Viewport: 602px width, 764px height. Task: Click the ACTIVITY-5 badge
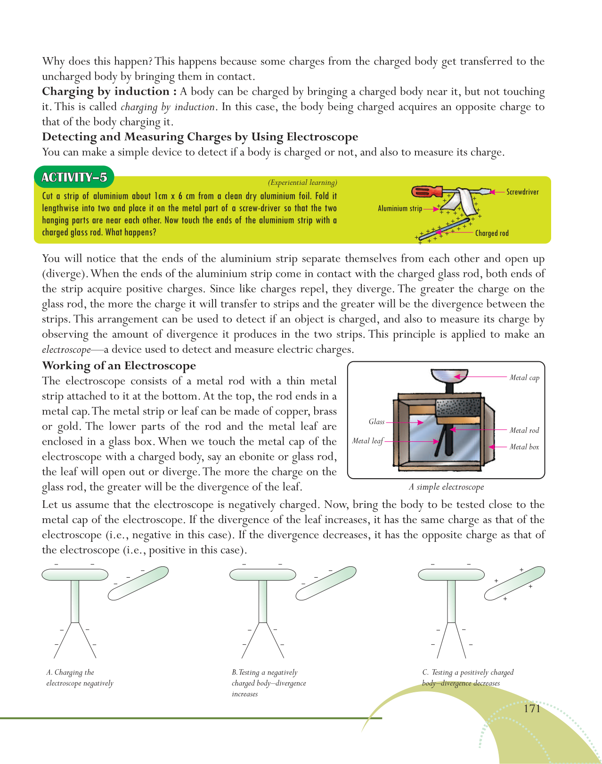click(74, 177)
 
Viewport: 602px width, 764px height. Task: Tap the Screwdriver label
click(522, 192)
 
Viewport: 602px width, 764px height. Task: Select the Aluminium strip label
click(399, 208)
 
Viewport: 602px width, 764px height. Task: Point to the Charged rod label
click(492, 233)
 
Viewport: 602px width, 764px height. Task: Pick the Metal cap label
click(524, 377)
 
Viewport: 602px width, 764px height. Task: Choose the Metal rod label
click(524, 430)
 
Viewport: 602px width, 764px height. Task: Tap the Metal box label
click(524, 447)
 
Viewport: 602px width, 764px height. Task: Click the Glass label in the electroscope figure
click(376, 422)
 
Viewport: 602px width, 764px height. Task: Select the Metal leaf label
click(367, 441)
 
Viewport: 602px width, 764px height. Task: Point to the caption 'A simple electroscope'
click(446, 487)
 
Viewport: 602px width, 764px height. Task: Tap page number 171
click(532, 708)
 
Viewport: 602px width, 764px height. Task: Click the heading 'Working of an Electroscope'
click(119, 366)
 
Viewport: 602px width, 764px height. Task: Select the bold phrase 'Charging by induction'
click(106, 91)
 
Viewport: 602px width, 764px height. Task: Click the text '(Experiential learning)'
click(302, 183)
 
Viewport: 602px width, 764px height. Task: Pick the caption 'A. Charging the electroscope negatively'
click(80, 678)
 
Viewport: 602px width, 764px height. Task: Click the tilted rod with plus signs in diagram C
click(514, 584)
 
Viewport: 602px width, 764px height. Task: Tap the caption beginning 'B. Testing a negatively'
click(268, 683)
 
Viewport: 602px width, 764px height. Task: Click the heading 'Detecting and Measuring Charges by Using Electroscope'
click(200, 137)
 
